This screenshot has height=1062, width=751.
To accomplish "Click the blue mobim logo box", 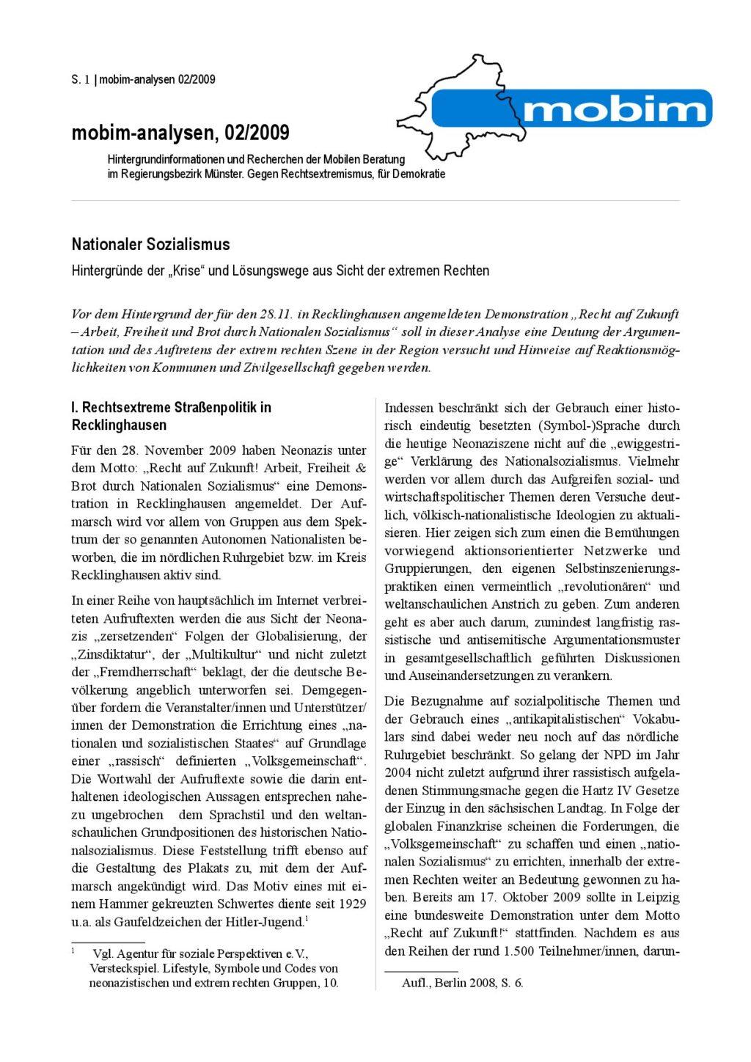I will click(x=572, y=108).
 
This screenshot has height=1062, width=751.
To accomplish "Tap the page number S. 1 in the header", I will click(x=81, y=79).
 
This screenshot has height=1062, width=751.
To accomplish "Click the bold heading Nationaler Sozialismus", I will click(x=150, y=244).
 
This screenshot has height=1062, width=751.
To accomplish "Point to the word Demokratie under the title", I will click(x=418, y=174).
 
